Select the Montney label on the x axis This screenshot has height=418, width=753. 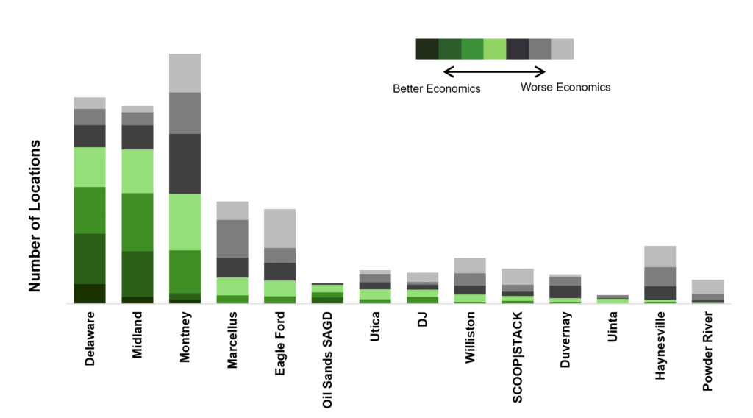(x=185, y=335)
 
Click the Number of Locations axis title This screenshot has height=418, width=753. (x=35, y=215)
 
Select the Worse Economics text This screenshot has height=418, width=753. (x=565, y=87)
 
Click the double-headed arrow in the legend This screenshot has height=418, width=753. (x=495, y=71)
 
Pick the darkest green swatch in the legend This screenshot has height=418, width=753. (x=427, y=49)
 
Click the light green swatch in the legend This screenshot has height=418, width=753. (x=495, y=49)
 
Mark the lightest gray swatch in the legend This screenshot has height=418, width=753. (x=563, y=49)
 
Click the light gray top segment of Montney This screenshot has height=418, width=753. (x=185, y=73)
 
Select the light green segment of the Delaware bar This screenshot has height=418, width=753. (x=90, y=167)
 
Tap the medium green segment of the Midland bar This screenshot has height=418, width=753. (x=138, y=222)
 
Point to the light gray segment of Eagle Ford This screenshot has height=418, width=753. (x=280, y=228)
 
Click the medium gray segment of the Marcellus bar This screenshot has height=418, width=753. (x=232, y=238)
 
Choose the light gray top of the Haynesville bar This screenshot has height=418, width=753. (x=660, y=256)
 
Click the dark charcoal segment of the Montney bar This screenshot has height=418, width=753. (x=185, y=163)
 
